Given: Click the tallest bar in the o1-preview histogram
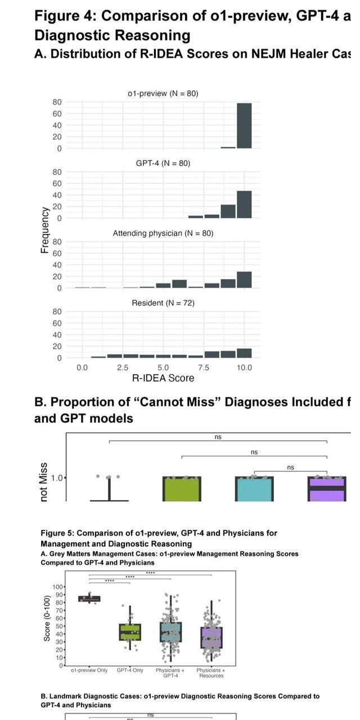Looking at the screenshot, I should click(244, 125).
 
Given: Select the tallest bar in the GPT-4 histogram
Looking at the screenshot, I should click(244, 205).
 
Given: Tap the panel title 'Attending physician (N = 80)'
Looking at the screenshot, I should click(163, 233).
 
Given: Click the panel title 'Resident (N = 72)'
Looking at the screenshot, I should click(163, 303).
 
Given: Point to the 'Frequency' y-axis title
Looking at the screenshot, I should click(44, 229).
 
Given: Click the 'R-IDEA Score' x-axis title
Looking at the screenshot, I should click(163, 379).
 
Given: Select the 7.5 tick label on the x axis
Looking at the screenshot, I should click(204, 367).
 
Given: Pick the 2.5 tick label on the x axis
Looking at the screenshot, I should click(122, 367).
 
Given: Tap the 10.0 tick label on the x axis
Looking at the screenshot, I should click(244, 367).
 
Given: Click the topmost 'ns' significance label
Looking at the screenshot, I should click(218, 437).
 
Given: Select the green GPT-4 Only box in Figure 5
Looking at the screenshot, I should click(130, 632).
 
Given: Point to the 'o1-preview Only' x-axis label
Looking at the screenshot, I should click(89, 670).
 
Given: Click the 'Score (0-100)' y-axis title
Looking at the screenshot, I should click(47, 618).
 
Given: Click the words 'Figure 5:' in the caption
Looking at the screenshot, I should click(57, 533).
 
